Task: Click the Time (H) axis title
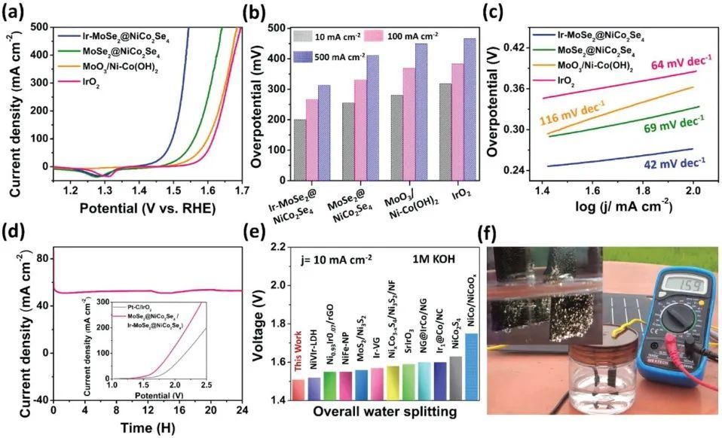(x=148, y=428)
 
